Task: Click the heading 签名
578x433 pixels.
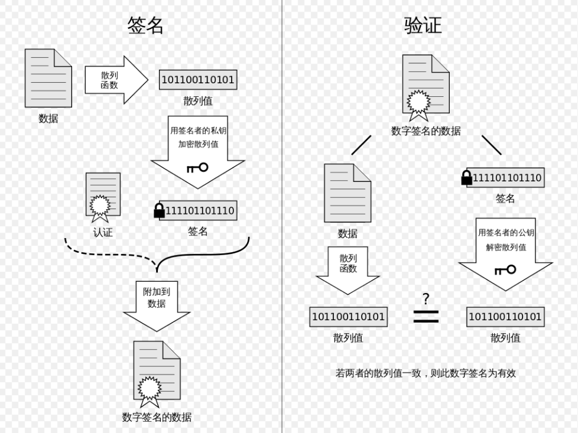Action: coord(145,26)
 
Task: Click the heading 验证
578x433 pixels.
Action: coord(423,26)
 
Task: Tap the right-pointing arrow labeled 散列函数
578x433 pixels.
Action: coord(116,80)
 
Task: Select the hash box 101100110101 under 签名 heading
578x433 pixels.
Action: coord(198,80)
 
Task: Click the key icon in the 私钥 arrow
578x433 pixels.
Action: coord(197,168)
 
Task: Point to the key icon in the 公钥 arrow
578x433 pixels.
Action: coord(505,270)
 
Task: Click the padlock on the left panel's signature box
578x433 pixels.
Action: coord(159,210)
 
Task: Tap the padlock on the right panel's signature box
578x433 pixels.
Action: coord(467,178)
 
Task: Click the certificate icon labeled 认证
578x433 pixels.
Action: coord(103,197)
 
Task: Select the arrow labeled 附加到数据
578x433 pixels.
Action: coord(157,306)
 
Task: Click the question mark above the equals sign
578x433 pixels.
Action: coord(426,299)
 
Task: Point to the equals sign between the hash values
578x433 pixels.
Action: coord(426,317)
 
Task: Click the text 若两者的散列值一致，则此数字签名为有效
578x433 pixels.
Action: coord(426,373)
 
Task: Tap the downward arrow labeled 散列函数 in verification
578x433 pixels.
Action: coord(348,271)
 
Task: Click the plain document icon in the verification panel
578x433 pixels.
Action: coord(348,193)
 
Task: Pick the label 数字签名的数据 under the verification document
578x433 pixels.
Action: coord(426,131)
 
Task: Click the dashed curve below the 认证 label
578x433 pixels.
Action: coord(110,253)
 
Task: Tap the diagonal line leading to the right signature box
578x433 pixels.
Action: coord(491,145)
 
